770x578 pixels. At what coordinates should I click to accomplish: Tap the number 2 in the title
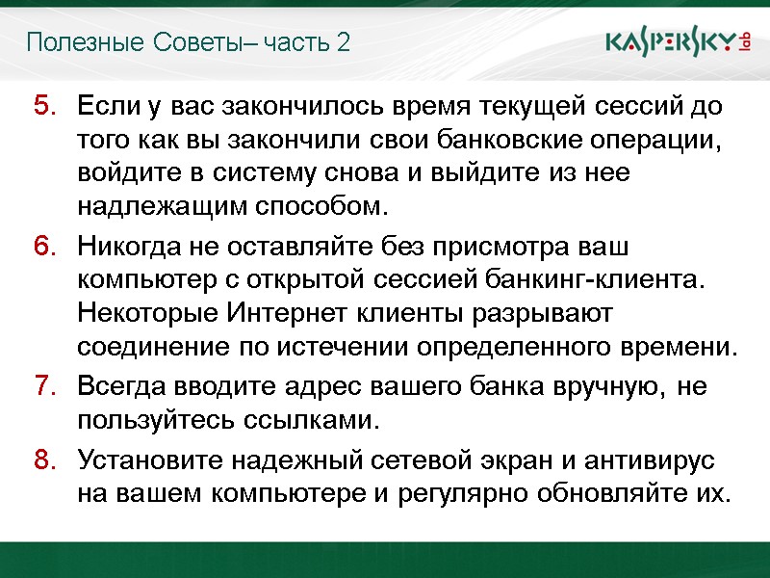tap(344, 42)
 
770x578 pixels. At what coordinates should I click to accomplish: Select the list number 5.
tap(45, 104)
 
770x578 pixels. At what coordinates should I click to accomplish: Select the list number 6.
tap(45, 248)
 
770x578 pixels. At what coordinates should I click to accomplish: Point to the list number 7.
tap(45, 387)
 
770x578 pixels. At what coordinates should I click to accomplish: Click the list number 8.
tap(45, 460)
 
